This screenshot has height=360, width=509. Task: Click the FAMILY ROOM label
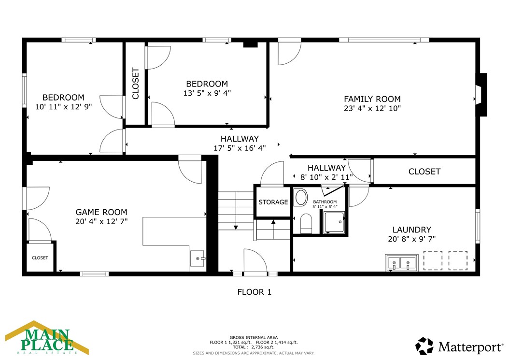pyautogui.click(x=372, y=99)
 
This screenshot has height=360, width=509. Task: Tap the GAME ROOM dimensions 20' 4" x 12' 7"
pyautogui.click(x=101, y=221)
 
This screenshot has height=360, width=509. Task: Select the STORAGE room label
pyautogui.click(x=273, y=202)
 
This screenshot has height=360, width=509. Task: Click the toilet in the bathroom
pyautogui.click(x=306, y=223)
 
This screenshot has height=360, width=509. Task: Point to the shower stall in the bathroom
pyautogui.click(x=335, y=222)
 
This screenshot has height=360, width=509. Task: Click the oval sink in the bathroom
pyautogui.click(x=301, y=198)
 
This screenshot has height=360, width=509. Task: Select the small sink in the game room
pyautogui.click(x=198, y=259)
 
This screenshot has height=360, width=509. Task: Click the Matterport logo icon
pyautogui.click(x=424, y=346)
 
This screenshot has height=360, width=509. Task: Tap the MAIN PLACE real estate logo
pyautogui.click(x=47, y=338)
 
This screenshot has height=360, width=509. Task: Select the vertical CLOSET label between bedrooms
pyautogui.click(x=136, y=84)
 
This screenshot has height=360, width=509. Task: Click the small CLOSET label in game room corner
pyautogui.click(x=40, y=258)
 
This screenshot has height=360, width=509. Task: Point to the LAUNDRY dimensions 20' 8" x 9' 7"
pyautogui.click(x=411, y=239)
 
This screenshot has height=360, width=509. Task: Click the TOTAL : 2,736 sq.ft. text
pyautogui.click(x=254, y=347)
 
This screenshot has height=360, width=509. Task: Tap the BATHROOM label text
pyautogui.click(x=325, y=202)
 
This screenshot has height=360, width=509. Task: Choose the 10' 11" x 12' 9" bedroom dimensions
pyautogui.click(x=63, y=106)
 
